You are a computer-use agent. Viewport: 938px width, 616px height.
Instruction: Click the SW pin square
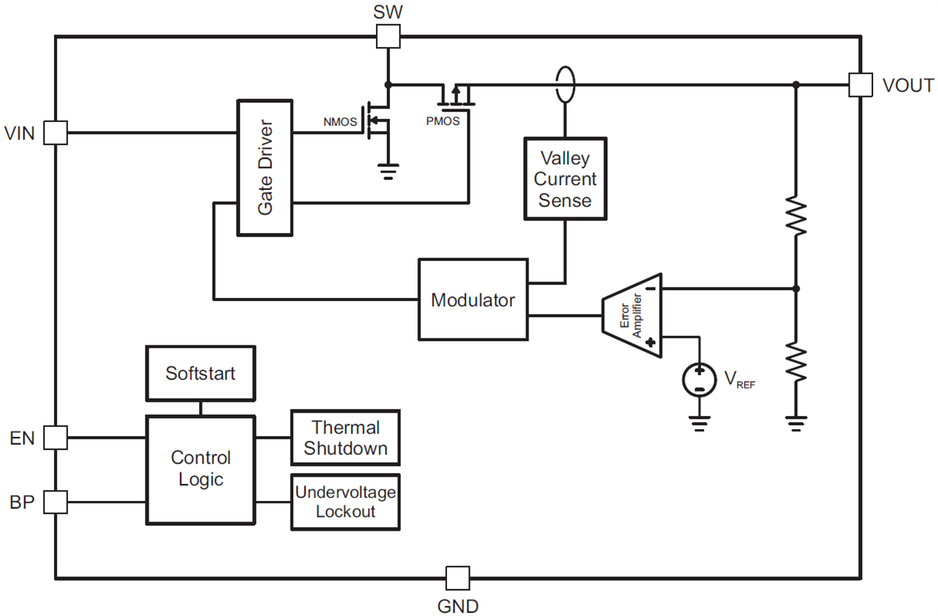(388, 35)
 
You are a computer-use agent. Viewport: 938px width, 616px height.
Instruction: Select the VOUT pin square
(860, 84)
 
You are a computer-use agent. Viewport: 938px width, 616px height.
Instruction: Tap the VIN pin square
(55, 133)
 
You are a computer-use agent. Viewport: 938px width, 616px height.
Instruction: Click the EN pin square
(55, 437)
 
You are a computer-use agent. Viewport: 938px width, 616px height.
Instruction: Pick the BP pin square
(55, 502)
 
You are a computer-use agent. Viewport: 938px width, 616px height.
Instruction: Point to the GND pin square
(457, 578)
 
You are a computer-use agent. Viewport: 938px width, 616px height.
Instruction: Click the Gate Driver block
(265, 167)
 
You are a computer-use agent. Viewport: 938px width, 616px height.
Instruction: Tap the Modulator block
(473, 299)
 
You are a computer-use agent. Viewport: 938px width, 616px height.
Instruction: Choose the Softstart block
(200, 373)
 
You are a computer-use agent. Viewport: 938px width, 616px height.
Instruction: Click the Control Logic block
(201, 469)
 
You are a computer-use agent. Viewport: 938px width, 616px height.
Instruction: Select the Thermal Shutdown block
(345, 438)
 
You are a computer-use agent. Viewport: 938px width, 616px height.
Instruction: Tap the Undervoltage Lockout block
(345, 501)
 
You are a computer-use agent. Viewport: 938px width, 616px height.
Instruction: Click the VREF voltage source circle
(698, 380)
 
